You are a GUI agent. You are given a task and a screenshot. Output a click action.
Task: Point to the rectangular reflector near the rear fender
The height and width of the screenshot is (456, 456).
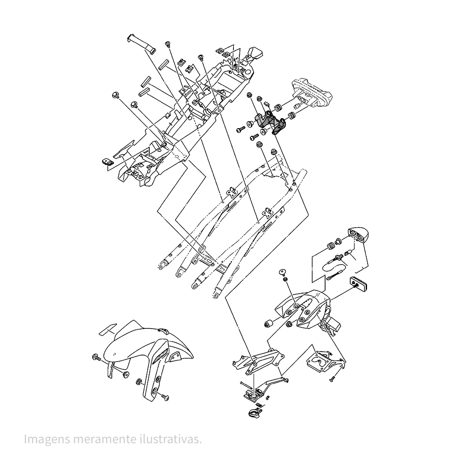pyautogui.click(x=360, y=284)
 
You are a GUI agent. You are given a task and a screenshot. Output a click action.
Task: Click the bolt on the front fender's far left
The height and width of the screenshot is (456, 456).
pyautogui.click(x=97, y=357)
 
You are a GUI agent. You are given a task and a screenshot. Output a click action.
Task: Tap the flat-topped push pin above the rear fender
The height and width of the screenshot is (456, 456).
pyautogui.click(x=283, y=272)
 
